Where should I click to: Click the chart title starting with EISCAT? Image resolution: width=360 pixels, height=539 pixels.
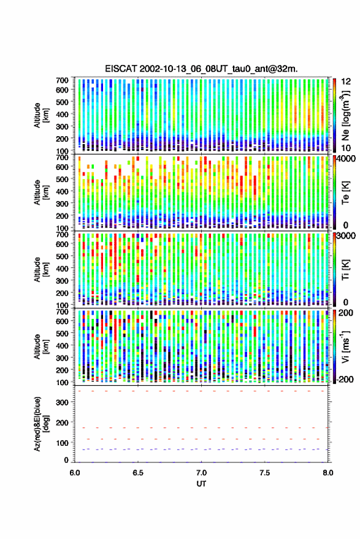pos(201,69)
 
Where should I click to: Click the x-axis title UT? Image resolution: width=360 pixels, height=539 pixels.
pos(202,484)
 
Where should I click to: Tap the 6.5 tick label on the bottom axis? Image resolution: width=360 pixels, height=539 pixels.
pos(138,473)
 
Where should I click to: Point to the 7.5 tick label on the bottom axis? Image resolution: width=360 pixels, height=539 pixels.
pos(265,473)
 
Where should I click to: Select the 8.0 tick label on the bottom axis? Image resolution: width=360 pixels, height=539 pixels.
pos(328,473)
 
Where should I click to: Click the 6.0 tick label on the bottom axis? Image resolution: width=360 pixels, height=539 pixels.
pos(75,473)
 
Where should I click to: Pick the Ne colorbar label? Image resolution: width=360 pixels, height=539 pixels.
pos(346,115)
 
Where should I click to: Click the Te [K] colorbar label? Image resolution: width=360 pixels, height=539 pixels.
pos(345,193)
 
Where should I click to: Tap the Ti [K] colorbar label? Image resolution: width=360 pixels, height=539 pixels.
pos(345,270)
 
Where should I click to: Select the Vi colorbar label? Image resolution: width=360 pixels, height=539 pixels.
pos(345,346)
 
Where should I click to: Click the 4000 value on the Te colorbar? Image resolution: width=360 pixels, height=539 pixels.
pos(346,159)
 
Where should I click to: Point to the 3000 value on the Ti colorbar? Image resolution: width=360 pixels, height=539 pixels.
pos(346,236)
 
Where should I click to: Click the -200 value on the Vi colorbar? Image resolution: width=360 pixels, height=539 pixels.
pos(344,379)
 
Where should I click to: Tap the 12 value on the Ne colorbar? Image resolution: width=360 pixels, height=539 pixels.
pos(347,82)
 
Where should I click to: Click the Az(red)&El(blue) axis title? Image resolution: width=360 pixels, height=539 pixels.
pos(41,424)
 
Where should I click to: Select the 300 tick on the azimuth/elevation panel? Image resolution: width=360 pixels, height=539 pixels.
pos(62,402)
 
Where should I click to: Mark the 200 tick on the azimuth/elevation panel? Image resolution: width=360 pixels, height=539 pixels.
pos(62,422)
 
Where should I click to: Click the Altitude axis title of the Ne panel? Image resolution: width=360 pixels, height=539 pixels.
pos(41,115)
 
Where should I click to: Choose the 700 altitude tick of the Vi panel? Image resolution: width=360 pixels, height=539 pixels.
pos(62,312)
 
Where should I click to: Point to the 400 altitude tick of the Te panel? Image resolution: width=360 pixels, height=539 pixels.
pos(62,191)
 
